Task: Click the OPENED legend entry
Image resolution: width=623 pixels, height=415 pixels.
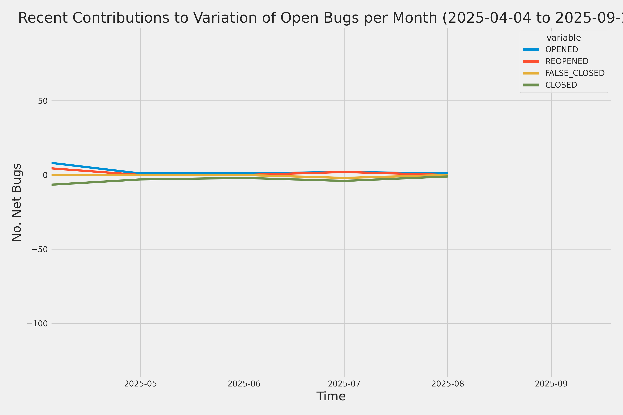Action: pyautogui.click(x=561, y=49)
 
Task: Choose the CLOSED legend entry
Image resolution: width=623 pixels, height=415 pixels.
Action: pyautogui.click(x=561, y=85)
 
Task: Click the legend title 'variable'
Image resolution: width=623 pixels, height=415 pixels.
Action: pyautogui.click(x=564, y=38)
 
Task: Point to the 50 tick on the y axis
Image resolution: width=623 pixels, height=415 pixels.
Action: pyautogui.click(x=43, y=101)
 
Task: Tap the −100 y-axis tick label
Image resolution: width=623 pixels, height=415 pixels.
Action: pyautogui.click(x=37, y=323)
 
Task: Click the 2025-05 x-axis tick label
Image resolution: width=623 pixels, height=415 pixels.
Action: pyautogui.click(x=140, y=384)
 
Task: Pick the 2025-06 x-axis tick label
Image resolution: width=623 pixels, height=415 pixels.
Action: pyautogui.click(x=244, y=384)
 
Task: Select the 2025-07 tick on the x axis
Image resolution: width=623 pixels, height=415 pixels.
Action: pyautogui.click(x=344, y=384)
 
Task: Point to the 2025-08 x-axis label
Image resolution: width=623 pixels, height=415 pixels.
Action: pyautogui.click(x=448, y=384)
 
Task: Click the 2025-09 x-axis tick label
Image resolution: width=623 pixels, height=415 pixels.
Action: pyautogui.click(x=551, y=384)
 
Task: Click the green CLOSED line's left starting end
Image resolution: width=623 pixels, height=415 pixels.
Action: pyautogui.click(x=52, y=185)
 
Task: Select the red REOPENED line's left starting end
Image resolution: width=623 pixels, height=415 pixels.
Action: pyautogui.click(x=52, y=168)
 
